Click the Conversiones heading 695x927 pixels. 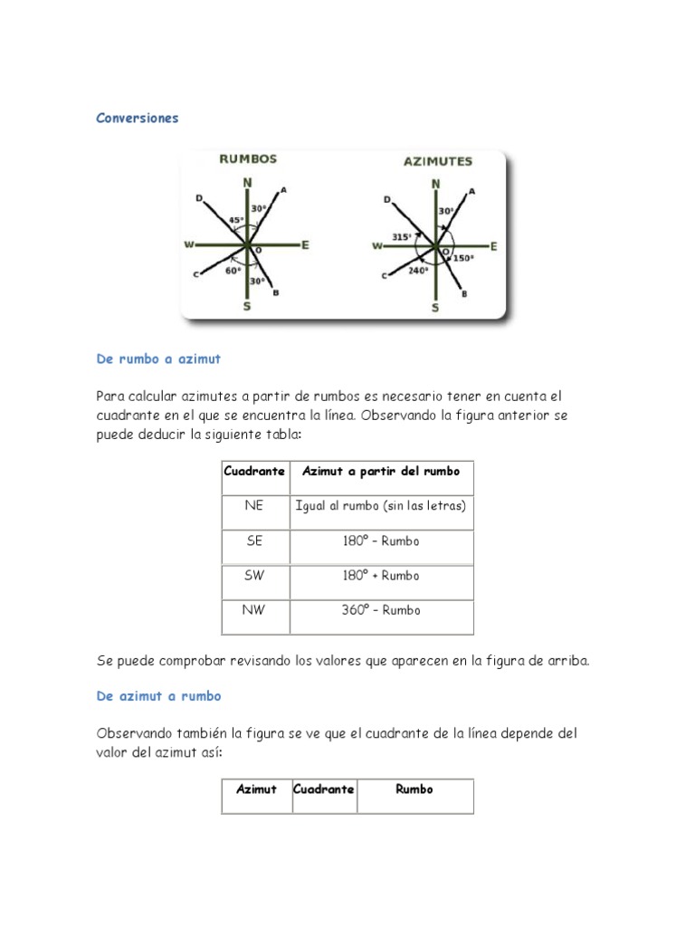pyautogui.click(x=138, y=119)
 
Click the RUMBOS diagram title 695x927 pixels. pyautogui.click(x=248, y=158)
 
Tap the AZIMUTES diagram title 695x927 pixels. pyautogui.click(x=437, y=162)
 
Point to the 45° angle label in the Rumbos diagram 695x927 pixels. pyautogui.click(x=236, y=220)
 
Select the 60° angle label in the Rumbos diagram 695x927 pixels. pyautogui.click(x=233, y=270)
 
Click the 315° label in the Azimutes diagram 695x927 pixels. pyautogui.click(x=401, y=236)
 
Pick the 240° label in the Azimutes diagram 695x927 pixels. pyautogui.click(x=417, y=270)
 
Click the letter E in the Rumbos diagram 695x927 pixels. pyautogui.click(x=305, y=244)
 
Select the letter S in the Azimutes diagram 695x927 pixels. pyautogui.click(x=435, y=308)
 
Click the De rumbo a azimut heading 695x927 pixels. pyautogui.click(x=158, y=359)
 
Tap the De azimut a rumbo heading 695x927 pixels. pyautogui.click(x=158, y=696)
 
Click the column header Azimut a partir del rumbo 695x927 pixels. pyautogui.click(x=380, y=472)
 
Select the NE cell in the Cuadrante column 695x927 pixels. pyautogui.click(x=253, y=506)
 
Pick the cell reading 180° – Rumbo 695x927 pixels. pyautogui.click(x=380, y=541)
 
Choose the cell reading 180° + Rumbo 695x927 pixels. pyautogui.click(x=380, y=576)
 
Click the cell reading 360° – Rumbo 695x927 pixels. pyautogui.click(x=380, y=610)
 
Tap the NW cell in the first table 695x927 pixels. pyautogui.click(x=253, y=610)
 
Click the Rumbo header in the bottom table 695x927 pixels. pyautogui.click(x=414, y=789)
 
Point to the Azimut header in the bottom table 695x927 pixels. pyautogui.click(x=256, y=789)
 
